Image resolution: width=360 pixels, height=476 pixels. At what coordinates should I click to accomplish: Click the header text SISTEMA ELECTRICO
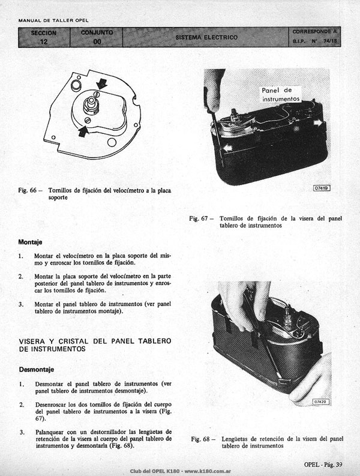click(x=206, y=37)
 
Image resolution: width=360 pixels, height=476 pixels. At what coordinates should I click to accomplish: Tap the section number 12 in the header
click(x=44, y=41)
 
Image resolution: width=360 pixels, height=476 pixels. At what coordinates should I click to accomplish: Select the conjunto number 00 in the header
click(x=97, y=41)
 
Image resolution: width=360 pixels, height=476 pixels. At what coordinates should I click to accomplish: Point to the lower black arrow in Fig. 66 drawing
click(x=83, y=131)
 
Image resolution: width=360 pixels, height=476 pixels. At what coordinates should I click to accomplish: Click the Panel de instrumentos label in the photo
click(x=281, y=94)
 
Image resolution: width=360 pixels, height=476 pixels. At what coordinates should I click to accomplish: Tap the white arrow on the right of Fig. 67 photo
click(x=318, y=122)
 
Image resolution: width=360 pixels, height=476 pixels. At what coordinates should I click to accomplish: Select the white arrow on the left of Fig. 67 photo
click(x=227, y=148)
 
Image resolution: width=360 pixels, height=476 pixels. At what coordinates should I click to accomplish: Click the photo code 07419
click(x=322, y=188)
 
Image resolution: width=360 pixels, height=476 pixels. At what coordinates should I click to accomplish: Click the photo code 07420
click(x=320, y=402)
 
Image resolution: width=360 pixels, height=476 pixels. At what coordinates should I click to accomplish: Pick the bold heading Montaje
click(x=30, y=243)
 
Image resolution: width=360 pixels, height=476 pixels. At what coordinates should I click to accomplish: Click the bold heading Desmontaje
click(x=37, y=369)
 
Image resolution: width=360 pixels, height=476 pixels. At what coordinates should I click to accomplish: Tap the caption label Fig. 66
click(x=28, y=190)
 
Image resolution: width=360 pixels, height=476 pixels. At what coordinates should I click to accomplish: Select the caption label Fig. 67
click(x=199, y=218)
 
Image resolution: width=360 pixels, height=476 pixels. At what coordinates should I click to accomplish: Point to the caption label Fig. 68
click(x=200, y=439)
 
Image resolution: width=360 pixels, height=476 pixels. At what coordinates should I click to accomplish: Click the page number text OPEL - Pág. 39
click(x=323, y=465)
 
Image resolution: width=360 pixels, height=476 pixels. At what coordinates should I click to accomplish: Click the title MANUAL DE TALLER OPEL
click(x=53, y=20)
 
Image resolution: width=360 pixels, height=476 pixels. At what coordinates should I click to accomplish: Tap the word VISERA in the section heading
click(x=32, y=341)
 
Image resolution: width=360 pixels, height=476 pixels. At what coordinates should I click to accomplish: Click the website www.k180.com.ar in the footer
click(x=208, y=471)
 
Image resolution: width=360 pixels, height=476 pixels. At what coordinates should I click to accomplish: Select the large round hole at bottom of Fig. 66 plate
click(x=112, y=142)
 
